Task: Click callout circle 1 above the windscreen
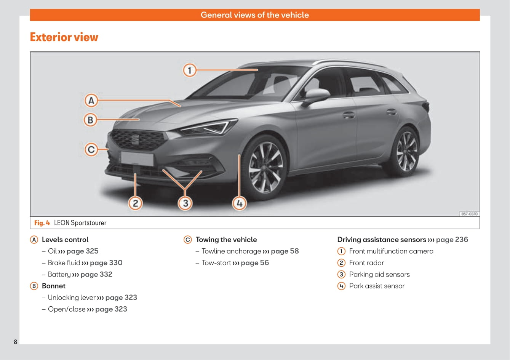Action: pyautogui.click(x=189, y=70)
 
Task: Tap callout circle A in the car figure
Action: pyautogui.click(x=91, y=101)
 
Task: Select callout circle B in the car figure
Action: pyautogui.click(x=90, y=120)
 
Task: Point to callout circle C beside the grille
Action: pyautogui.click(x=91, y=149)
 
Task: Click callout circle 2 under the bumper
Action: pyautogui.click(x=135, y=203)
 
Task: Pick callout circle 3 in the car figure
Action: pyautogui.click(x=185, y=203)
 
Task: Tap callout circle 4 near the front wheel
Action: pyautogui.click(x=239, y=203)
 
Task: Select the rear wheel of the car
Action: pyautogui.click(x=406, y=152)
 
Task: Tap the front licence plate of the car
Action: pyautogui.click(x=137, y=158)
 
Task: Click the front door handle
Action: pyautogui.click(x=348, y=114)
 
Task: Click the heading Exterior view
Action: pyautogui.click(x=64, y=37)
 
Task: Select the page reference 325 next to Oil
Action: pyautogui.click(x=82, y=251)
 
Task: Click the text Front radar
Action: pyautogui.click(x=366, y=263)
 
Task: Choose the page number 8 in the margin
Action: pyautogui.click(x=16, y=342)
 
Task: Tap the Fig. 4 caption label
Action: pyautogui.click(x=42, y=223)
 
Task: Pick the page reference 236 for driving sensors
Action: pyautogui.click(x=452, y=240)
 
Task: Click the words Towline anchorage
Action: pyautogui.click(x=231, y=251)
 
